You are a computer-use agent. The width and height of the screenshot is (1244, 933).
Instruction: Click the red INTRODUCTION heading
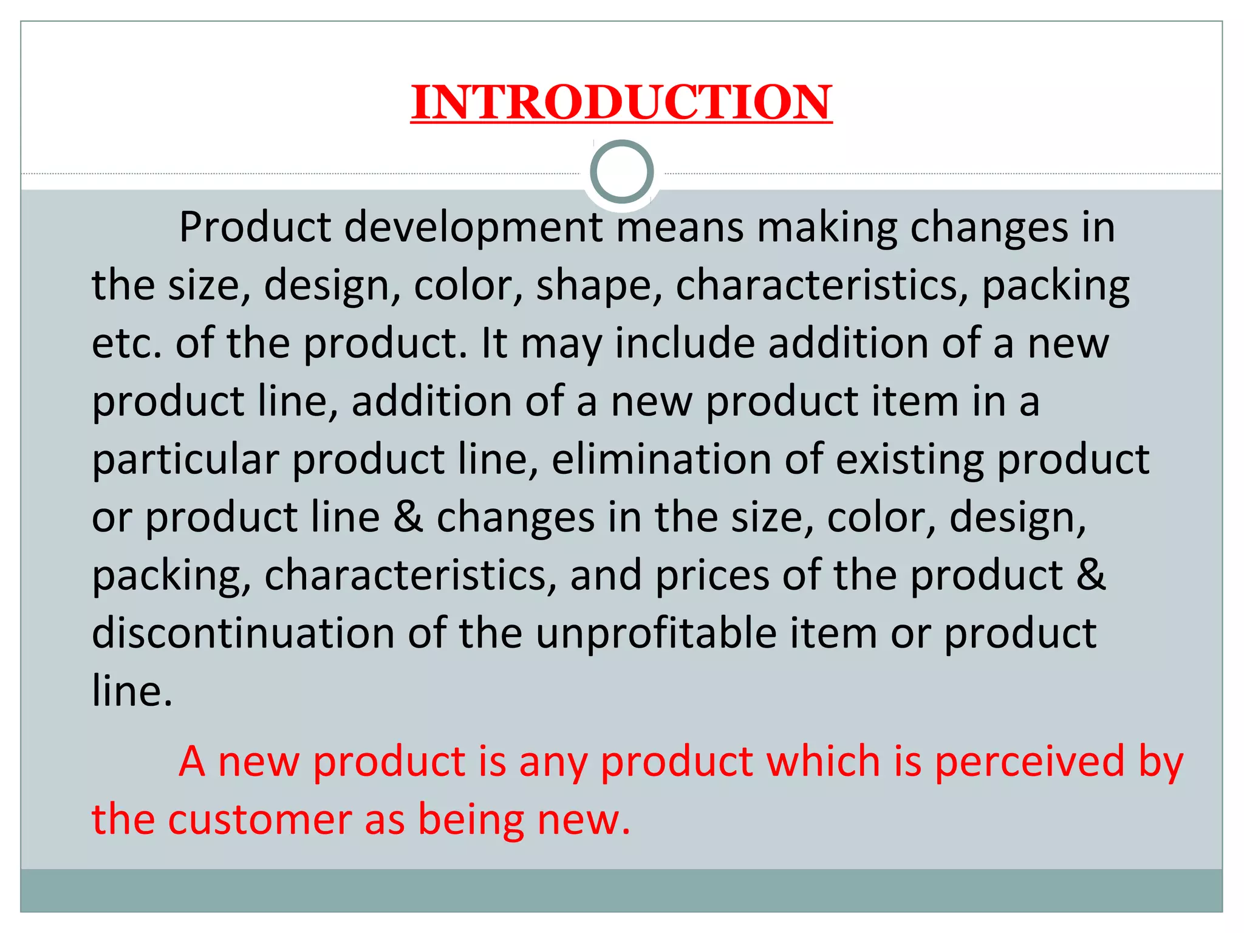point(621,102)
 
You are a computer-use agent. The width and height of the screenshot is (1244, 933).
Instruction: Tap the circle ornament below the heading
point(621,172)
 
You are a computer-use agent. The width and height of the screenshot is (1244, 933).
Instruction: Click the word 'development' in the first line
point(474,228)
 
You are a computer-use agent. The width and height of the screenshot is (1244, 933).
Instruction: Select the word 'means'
point(680,228)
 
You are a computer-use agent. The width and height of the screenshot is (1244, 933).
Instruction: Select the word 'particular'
point(185,460)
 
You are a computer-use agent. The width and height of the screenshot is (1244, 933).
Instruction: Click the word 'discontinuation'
point(243,634)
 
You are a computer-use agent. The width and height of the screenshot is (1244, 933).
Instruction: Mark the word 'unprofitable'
point(656,634)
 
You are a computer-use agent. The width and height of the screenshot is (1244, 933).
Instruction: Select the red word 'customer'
point(259,820)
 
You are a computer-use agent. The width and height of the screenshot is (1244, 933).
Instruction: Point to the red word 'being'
point(471,820)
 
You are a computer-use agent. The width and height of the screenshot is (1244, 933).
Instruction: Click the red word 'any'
point(553,763)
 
